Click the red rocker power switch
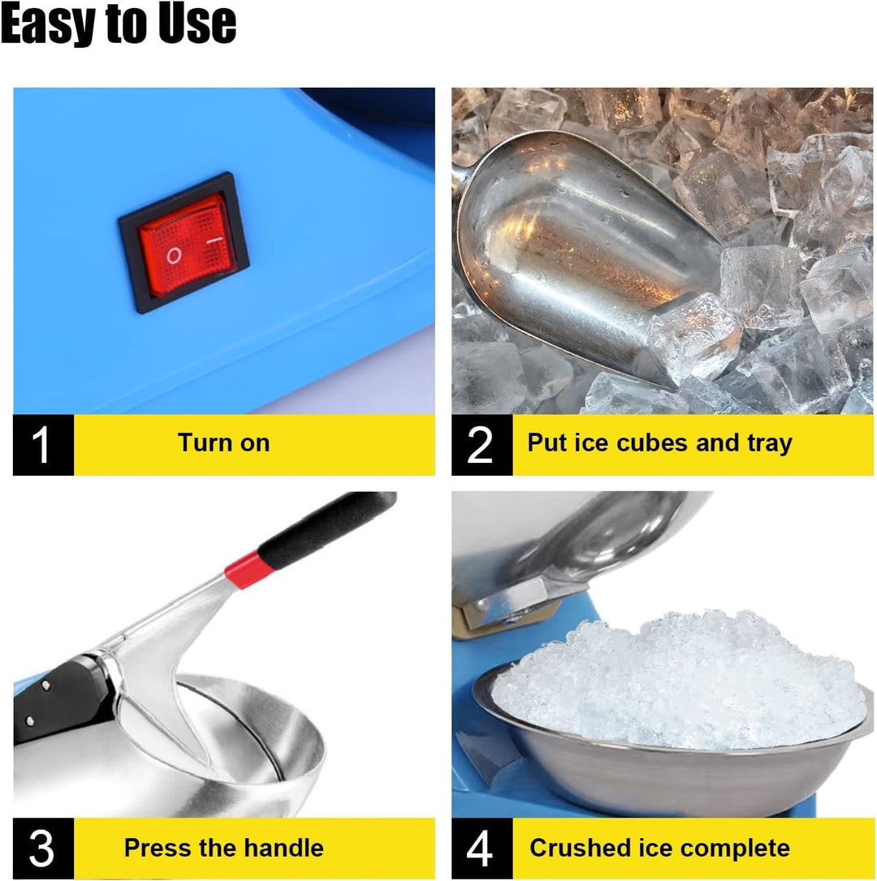tap(184, 244)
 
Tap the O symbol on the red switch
tap(173, 256)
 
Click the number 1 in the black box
tap(41, 444)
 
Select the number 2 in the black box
tap(481, 444)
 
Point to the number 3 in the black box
tap(41, 849)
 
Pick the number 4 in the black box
tap(481, 849)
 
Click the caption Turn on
tap(223, 443)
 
